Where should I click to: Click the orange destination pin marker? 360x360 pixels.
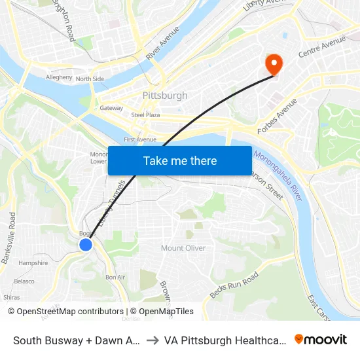point(272,63)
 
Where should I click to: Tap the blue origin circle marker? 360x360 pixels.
point(86,244)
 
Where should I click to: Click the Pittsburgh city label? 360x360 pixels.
point(165,96)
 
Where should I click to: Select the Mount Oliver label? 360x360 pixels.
point(183,248)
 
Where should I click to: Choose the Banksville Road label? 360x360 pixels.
point(9,238)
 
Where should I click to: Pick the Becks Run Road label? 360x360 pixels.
point(234,285)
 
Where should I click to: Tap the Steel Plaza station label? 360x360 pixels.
point(145,115)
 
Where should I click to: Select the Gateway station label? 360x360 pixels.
point(111,108)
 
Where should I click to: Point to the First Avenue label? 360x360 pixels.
point(140,139)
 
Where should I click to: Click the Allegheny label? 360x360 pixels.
point(59,77)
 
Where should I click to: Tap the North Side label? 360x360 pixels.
point(90,79)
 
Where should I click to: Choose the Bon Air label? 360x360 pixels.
point(115,278)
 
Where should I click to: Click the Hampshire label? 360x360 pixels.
point(33,263)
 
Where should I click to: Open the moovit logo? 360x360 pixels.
point(321,340)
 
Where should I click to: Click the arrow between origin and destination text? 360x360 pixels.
point(150,340)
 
